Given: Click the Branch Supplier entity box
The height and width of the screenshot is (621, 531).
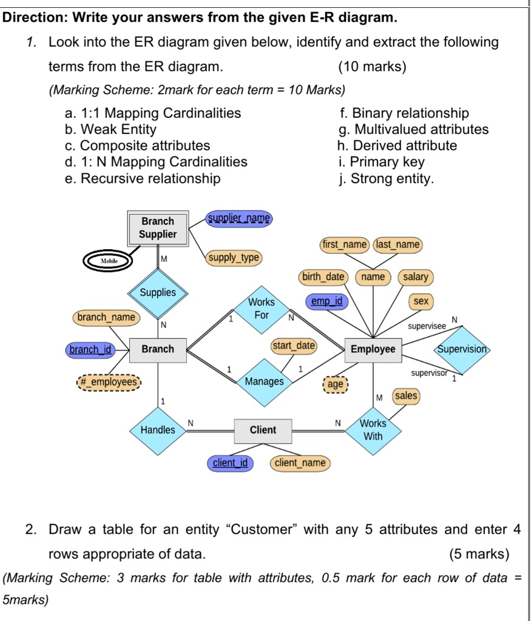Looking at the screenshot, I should pos(158,228).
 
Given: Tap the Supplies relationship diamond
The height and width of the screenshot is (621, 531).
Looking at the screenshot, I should pos(158,293).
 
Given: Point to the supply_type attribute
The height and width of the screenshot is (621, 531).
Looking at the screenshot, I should pos(234,258).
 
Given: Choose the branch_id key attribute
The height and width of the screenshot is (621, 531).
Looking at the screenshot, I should pos(91,349).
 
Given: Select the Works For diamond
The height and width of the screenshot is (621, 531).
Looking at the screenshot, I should pos(262,309).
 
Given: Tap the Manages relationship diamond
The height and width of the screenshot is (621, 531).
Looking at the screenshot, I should pos(264,381).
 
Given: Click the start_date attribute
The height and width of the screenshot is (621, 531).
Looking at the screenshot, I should pos(294,346).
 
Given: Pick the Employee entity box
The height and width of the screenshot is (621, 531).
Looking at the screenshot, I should pos(373,349).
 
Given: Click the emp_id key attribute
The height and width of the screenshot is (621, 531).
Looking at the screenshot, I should pos(326,301).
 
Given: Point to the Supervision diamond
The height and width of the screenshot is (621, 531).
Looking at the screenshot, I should pos(462,350).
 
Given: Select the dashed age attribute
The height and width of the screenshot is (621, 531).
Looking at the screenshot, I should pos(336,384).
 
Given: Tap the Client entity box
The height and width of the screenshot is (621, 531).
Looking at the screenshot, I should pos(263,430).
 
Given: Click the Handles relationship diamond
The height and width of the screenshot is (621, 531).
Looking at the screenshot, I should pos(158,430).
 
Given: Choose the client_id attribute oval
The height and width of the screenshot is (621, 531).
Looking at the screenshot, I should pos(230,463).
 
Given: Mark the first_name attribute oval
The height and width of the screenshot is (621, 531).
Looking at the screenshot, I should pos(344,244).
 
